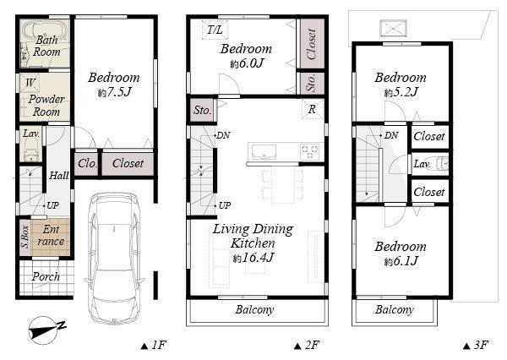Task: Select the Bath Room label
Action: click(x=47, y=46)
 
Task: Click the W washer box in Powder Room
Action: click(x=30, y=83)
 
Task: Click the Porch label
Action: click(x=46, y=277)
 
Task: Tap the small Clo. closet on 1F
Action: click(x=86, y=163)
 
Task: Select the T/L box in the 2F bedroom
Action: click(x=215, y=31)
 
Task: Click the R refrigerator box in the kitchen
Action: click(x=312, y=110)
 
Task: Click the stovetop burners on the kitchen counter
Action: click(x=310, y=153)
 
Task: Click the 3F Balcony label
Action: click(x=395, y=310)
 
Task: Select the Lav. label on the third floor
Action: click(x=420, y=163)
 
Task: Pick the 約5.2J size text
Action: click(x=401, y=92)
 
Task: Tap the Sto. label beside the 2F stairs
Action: click(x=202, y=111)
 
